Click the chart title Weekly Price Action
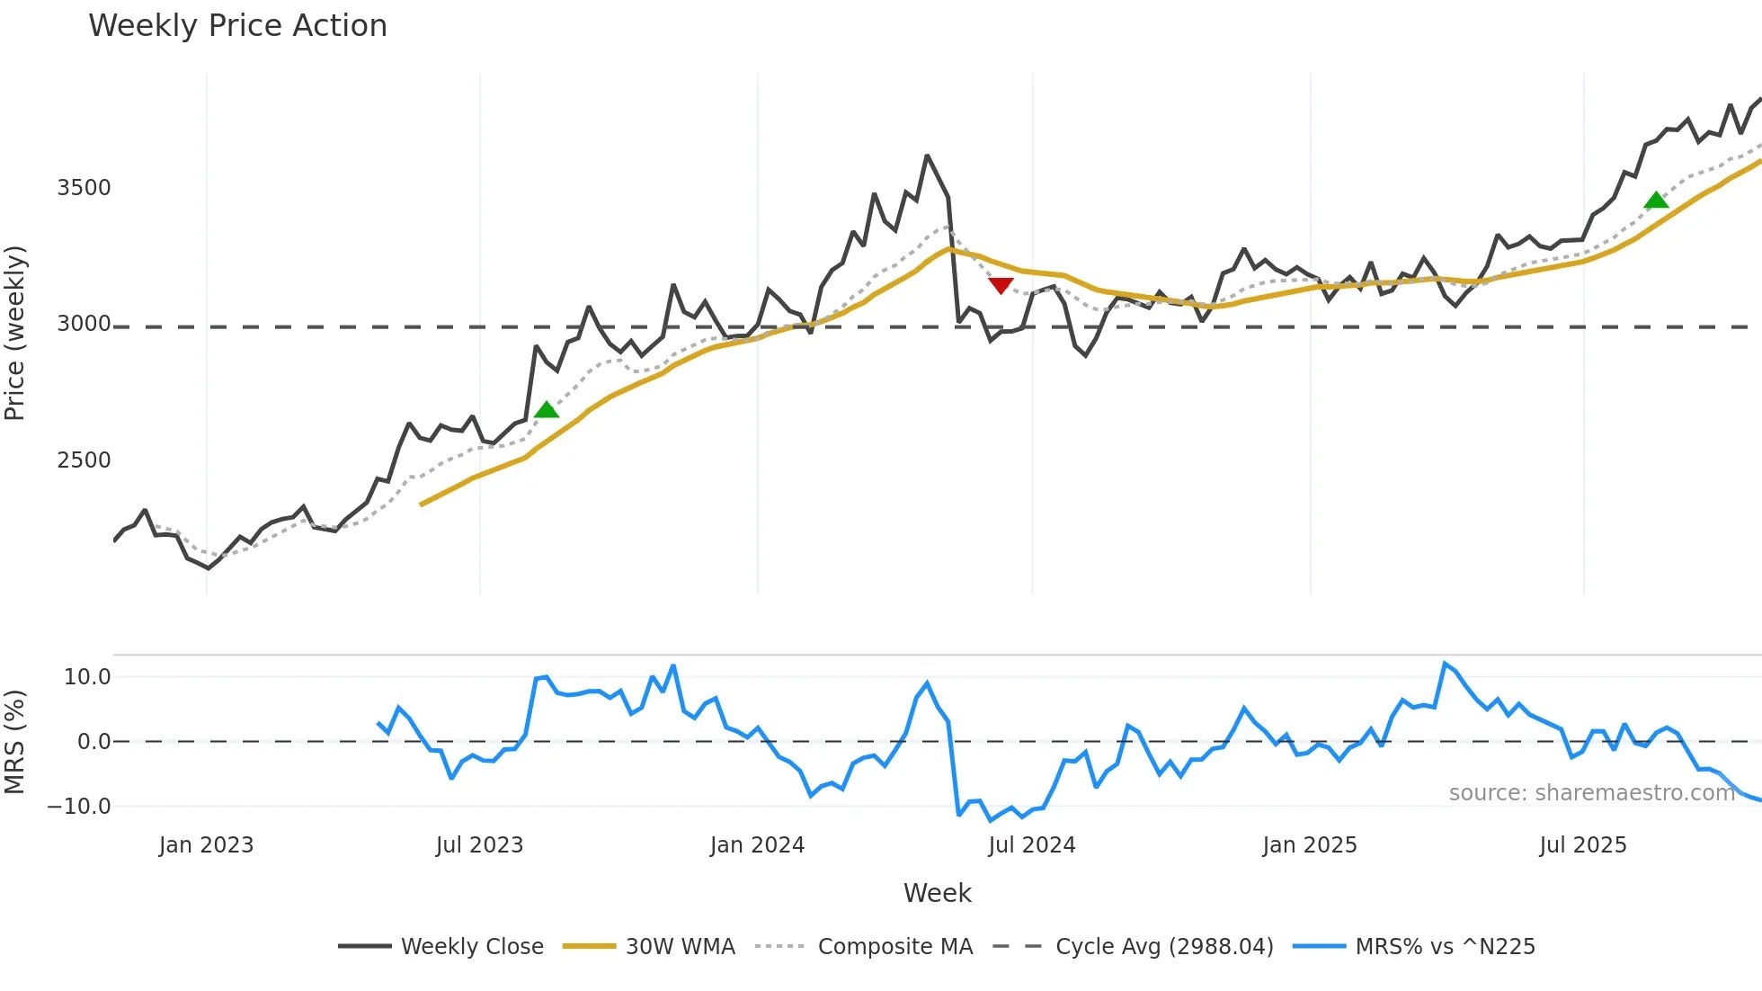click(237, 26)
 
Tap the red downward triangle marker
click(1001, 286)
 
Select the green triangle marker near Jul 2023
click(547, 410)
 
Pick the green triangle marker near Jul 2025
click(1656, 200)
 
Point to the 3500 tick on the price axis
click(84, 188)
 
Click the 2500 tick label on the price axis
click(84, 460)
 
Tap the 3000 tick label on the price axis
click(84, 324)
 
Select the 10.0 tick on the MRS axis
click(87, 677)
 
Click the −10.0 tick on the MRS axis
click(79, 807)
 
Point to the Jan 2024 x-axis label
click(757, 845)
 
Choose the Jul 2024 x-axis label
click(1031, 845)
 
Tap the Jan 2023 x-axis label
click(206, 845)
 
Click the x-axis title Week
click(937, 893)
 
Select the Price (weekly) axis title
click(15, 333)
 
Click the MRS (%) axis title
click(15, 742)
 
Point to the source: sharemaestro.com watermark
click(1591, 793)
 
